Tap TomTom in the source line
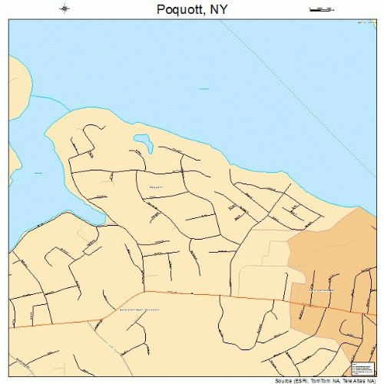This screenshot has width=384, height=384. click(325, 379)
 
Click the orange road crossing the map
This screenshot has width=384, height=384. click(215, 295)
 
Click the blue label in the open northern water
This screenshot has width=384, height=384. click(204, 89)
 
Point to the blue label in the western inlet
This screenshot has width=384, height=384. click(36, 174)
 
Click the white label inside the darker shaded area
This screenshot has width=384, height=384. click(321, 290)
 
